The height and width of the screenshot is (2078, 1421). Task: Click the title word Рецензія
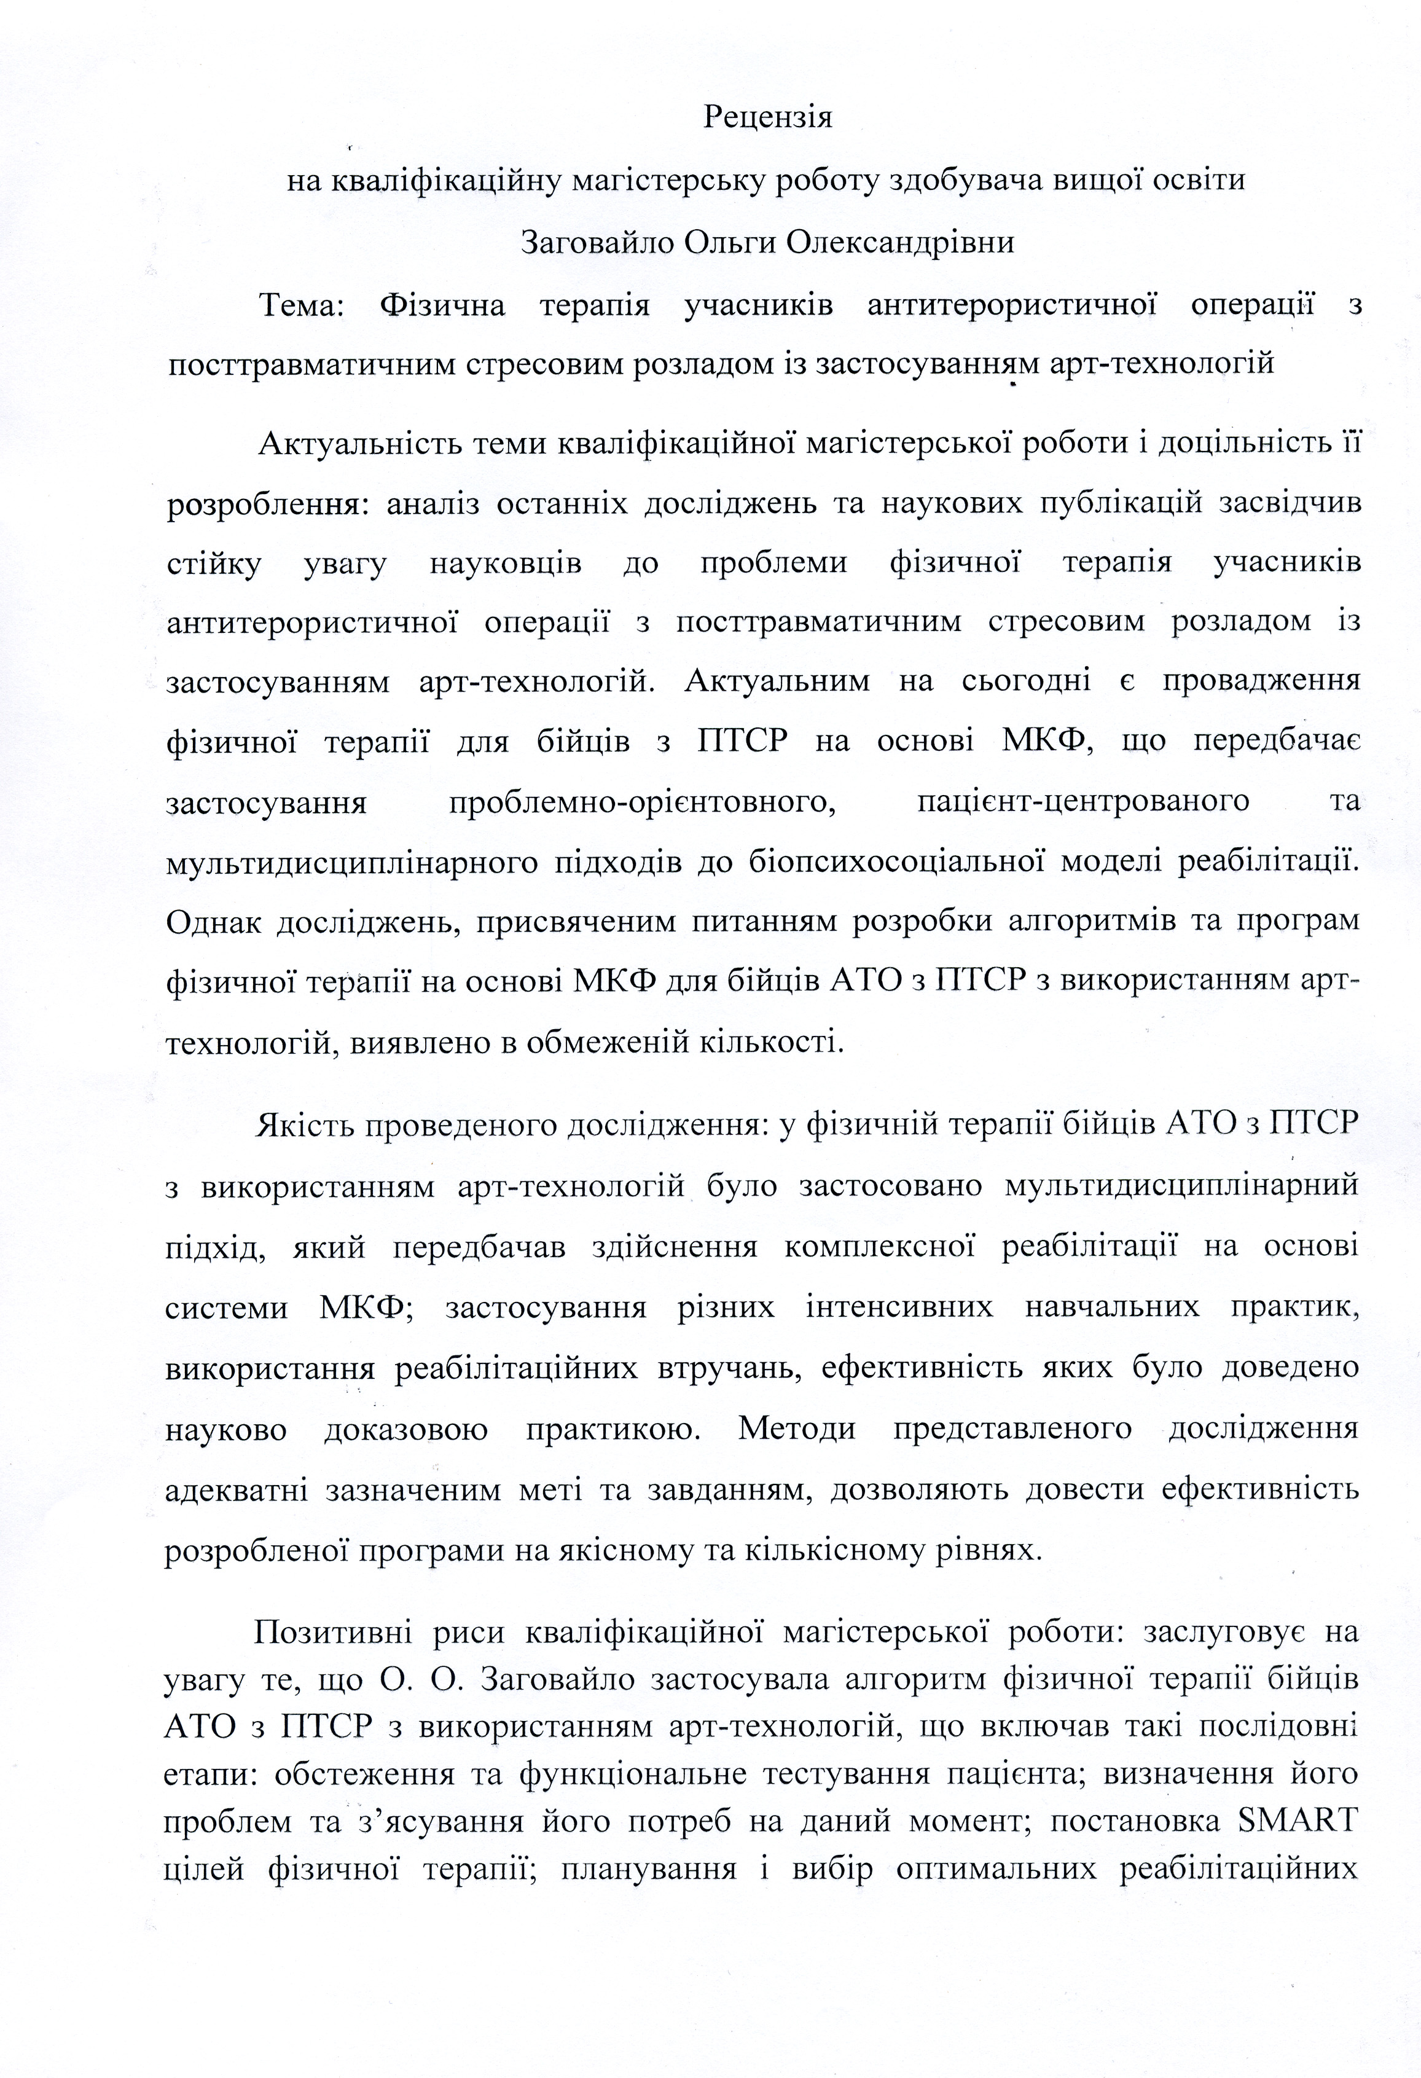[x=768, y=117]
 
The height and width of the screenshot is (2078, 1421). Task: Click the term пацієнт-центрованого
[x=1084, y=800]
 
